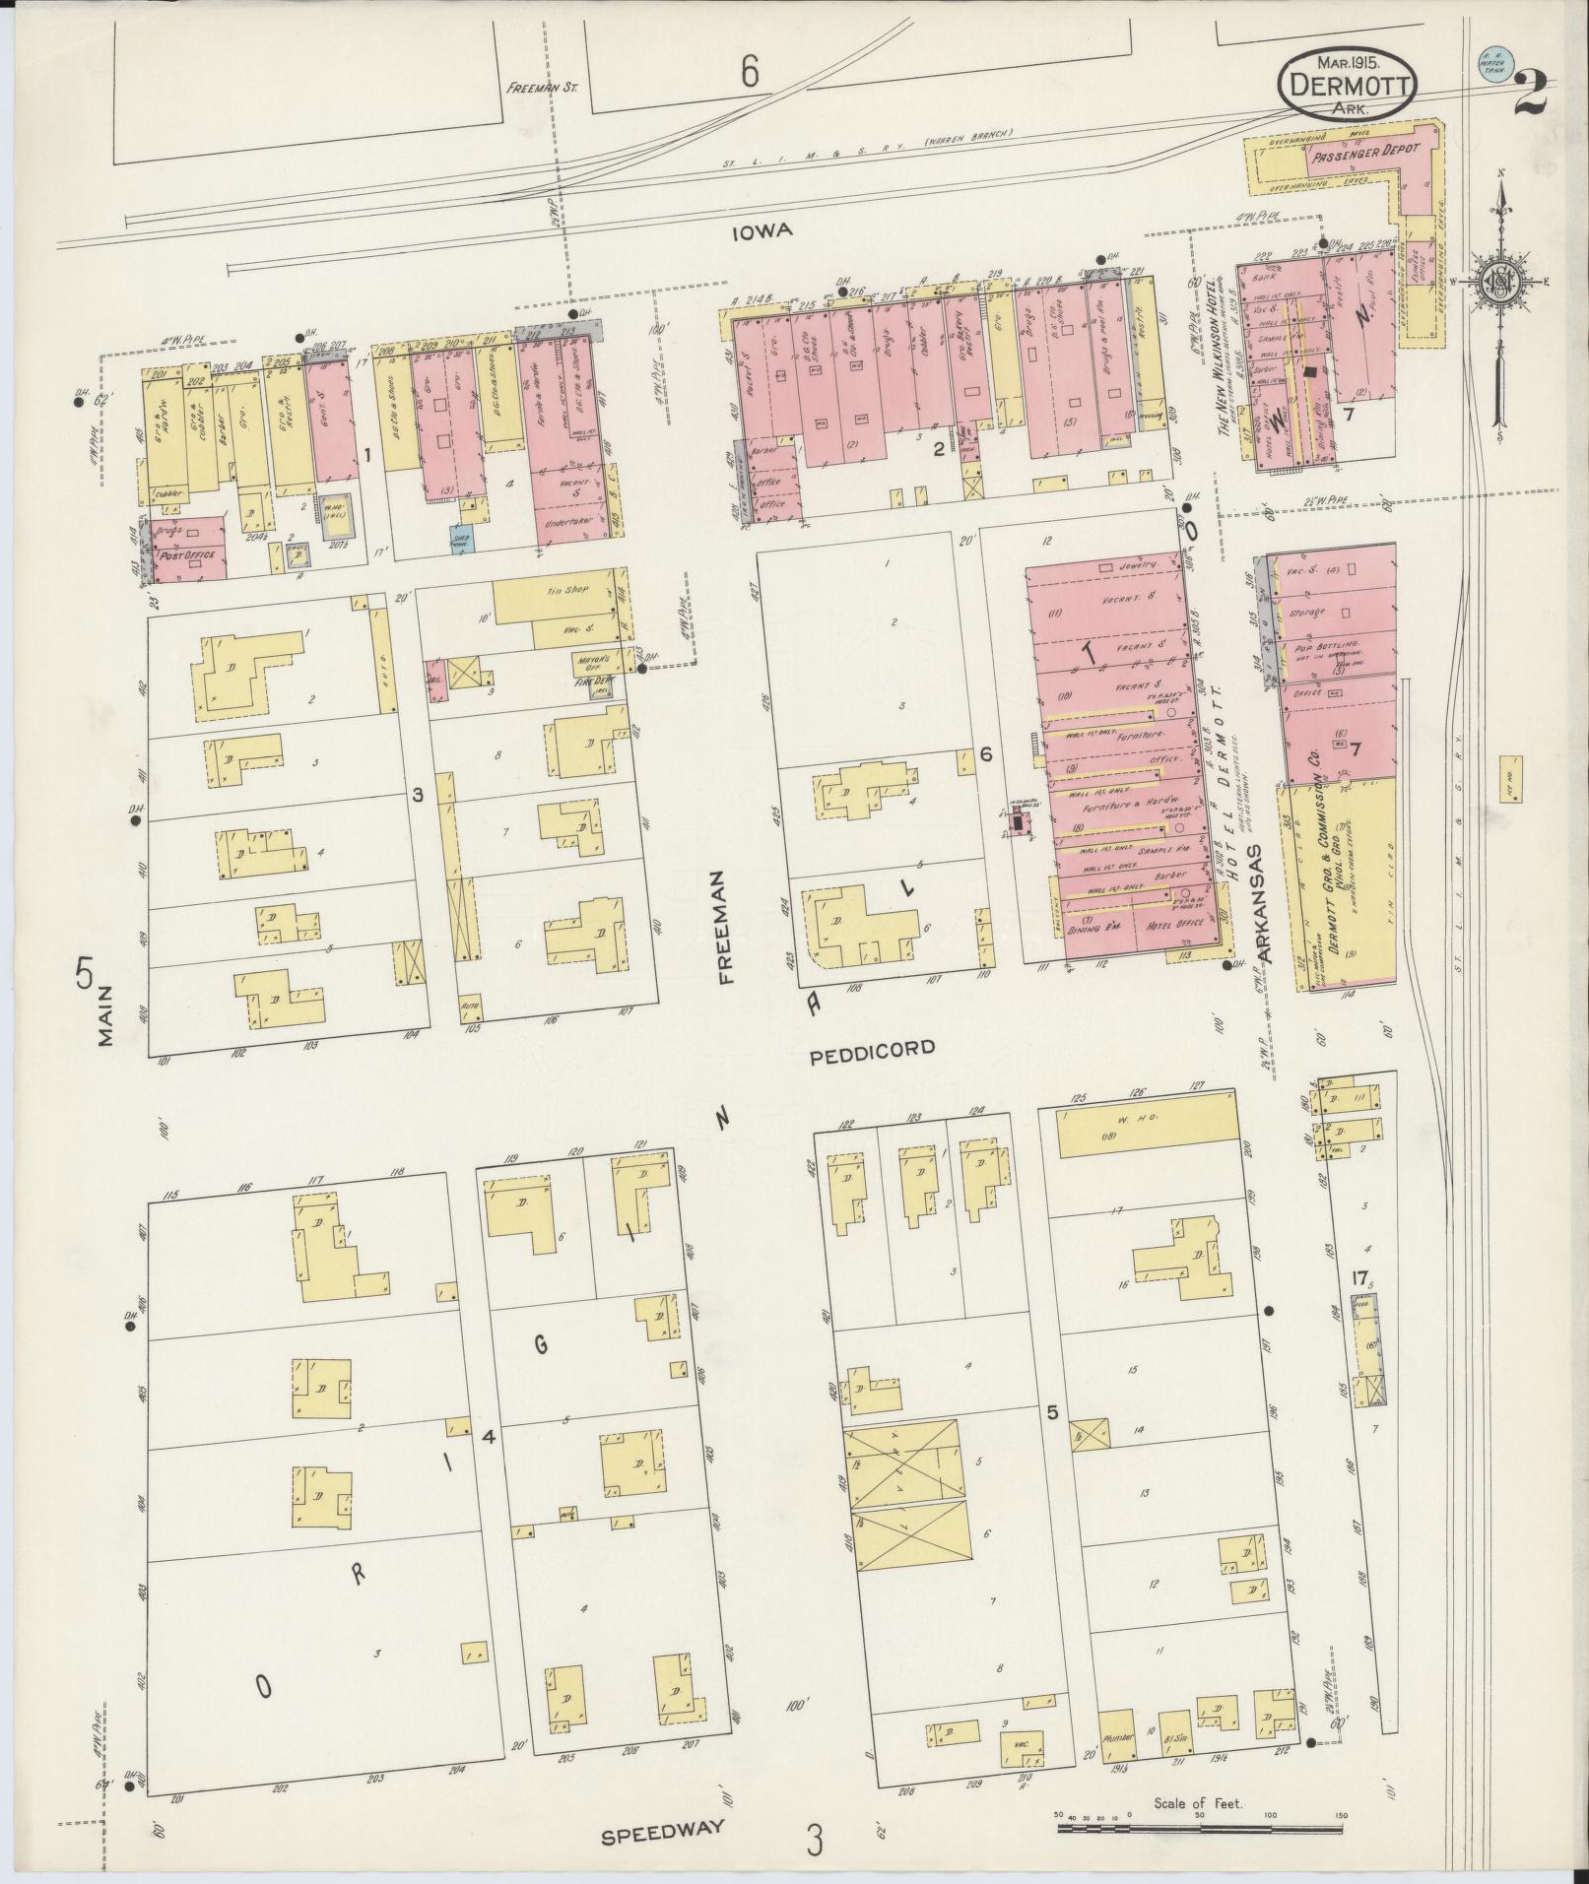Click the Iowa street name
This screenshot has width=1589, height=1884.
click(763, 232)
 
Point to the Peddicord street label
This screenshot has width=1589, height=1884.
click(872, 1049)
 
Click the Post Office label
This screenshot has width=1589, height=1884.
click(188, 556)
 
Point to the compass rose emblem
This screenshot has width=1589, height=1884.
click(1500, 283)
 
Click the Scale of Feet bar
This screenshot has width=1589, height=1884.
click(1198, 1829)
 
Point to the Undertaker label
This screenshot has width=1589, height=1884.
click(568, 525)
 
